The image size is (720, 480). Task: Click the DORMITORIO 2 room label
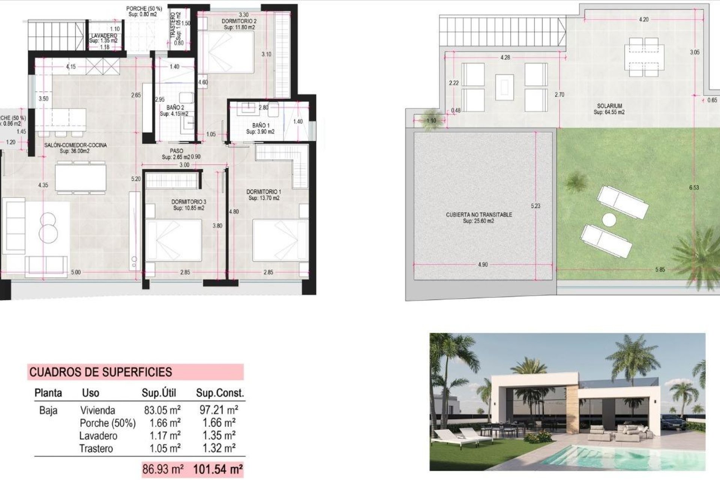[239, 21]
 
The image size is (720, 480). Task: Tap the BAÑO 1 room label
[261, 125]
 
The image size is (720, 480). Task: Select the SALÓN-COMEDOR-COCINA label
[75, 145]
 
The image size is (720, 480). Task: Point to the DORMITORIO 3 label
[189, 202]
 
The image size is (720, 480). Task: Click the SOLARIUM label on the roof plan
[609, 106]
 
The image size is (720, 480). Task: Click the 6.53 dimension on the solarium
[694, 187]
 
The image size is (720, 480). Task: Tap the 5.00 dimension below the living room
[76, 272]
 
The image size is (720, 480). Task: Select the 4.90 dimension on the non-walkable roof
[483, 265]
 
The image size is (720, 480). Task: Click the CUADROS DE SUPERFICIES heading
[100, 372]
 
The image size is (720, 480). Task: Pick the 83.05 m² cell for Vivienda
[162, 410]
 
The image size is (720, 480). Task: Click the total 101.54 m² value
[217, 469]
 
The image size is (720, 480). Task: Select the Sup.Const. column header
[220, 393]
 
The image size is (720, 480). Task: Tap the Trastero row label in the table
[96, 448]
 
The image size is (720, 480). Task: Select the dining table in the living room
[81, 178]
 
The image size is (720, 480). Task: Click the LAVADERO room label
[104, 36]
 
